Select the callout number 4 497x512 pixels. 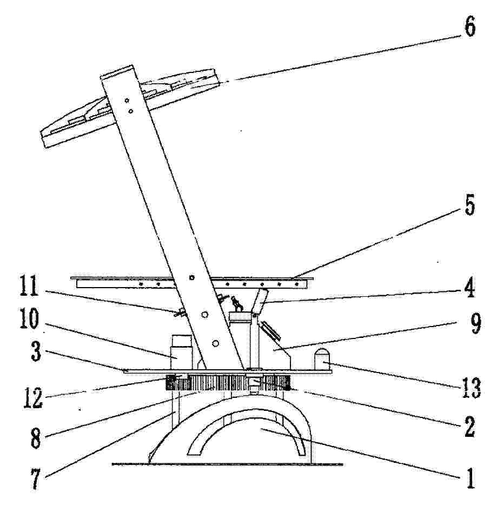point(469,287)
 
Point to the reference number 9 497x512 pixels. point(475,323)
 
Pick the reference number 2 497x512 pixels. point(469,427)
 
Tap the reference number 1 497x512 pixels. point(470,478)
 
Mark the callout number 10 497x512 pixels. point(29,318)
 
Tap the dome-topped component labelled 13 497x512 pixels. point(322,359)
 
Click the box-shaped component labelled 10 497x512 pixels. point(181,353)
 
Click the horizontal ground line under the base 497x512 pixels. point(227,464)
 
